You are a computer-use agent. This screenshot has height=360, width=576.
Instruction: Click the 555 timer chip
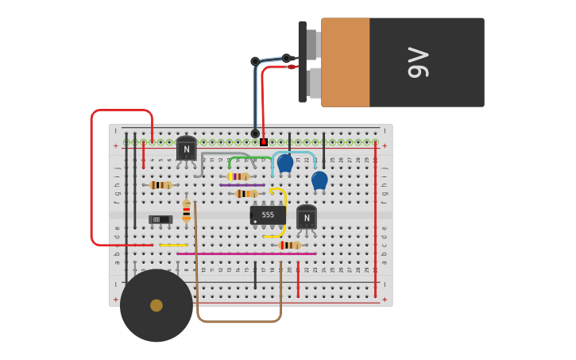click(x=268, y=215)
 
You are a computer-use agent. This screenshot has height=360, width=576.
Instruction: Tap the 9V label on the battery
click(x=419, y=63)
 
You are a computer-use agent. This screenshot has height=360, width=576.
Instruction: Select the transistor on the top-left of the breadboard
click(x=187, y=149)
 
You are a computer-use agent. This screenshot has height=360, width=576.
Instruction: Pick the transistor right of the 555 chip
click(x=307, y=218)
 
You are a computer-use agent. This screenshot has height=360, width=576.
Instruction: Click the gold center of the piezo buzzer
click(x=157, y=305)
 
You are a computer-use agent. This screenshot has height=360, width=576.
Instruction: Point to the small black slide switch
click(x=160, y=219)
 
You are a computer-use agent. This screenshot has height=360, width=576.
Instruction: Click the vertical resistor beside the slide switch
click(x=187, y=211)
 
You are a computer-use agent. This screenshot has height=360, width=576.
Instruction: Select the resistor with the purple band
click(x=238, y=176)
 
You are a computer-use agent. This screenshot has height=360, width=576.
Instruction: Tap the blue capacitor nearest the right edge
click(x=319, y=180)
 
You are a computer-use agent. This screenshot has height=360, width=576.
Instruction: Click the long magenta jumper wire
click(x=246, y=254)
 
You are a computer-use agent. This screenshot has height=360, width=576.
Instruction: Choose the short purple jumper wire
click(x=242, y=185)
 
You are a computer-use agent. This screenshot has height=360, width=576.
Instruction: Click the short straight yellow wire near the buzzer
click(x=173, y=246)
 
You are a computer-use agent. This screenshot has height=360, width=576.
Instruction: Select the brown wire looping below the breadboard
click(x=238, y=321)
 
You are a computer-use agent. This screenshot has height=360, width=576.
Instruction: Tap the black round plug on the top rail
click(x=255, y=134)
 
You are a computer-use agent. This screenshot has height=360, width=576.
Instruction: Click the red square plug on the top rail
click(x=264, y=142)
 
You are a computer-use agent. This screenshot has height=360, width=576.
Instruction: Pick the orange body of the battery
click(x=346, y=63)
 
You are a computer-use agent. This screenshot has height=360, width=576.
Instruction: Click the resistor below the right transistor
click(x=289, y=246)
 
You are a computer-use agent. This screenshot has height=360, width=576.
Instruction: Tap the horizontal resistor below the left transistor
click(x=160, y=185)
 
